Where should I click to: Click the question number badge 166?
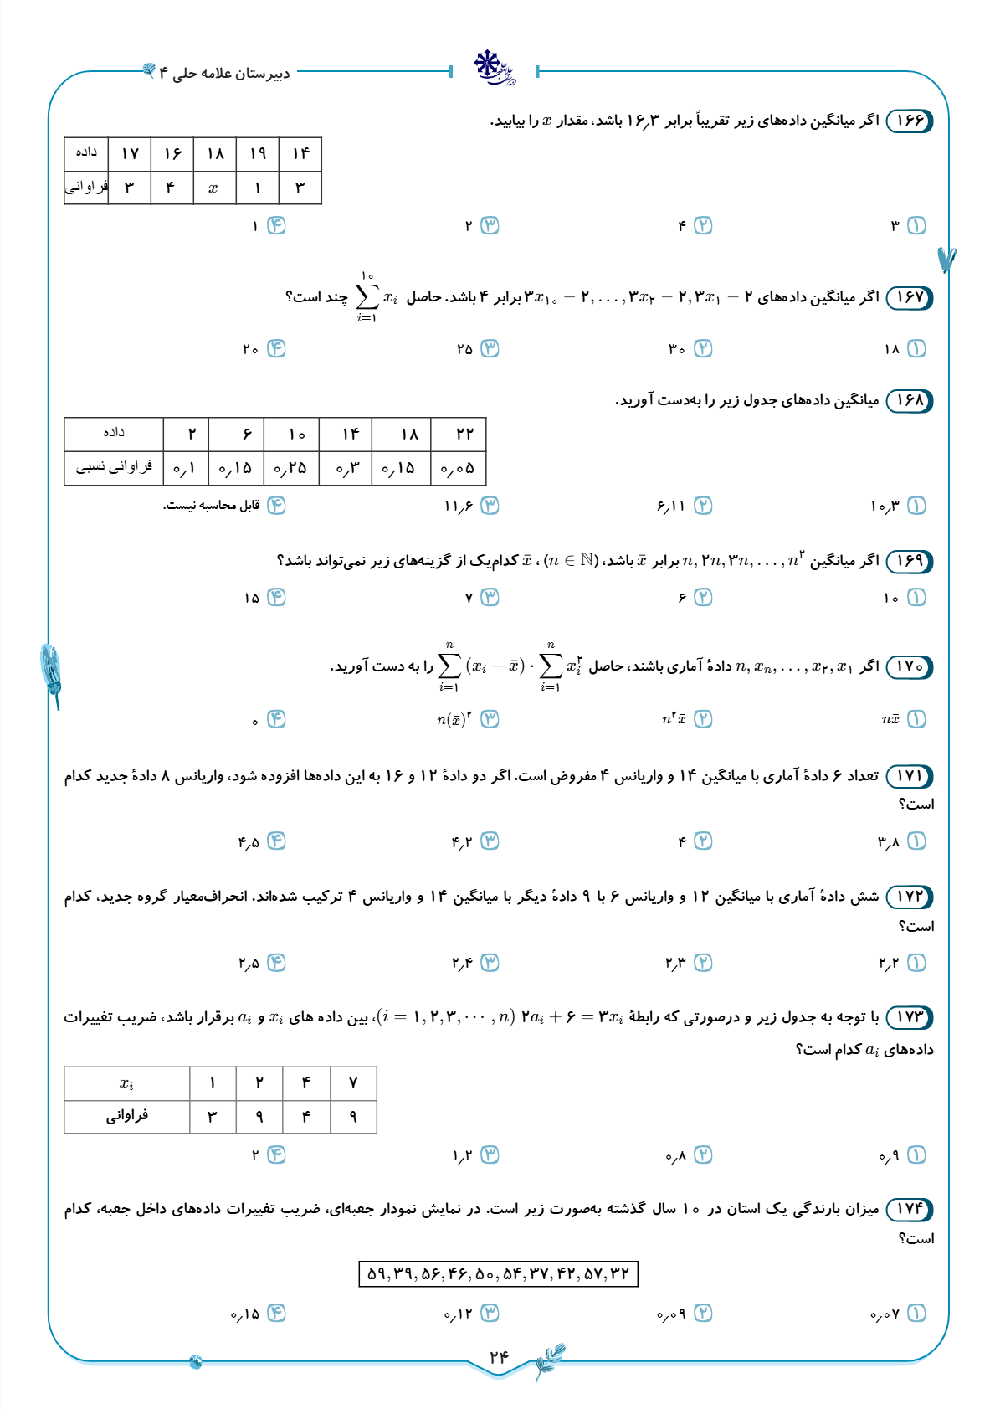coord(909,121)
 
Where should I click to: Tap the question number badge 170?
coord(909,667)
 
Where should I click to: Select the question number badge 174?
coord(909,1209)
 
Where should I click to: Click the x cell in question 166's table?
coord(213,188)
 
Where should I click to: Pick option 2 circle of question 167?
coord(704,349)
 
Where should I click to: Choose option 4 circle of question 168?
coord(276,506)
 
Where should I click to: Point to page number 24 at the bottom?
coord(499,1357)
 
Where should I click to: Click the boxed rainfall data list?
coord(498,1274)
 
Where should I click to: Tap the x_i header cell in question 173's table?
coord(126,1083)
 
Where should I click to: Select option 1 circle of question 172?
coord(917,963)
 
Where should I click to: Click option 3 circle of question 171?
coord(490,841)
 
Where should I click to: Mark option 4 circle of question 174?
coord(276,1314)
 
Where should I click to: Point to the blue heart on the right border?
coord(946,259)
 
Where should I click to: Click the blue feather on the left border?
coord(51,670)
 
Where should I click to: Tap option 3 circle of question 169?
coord(490,597)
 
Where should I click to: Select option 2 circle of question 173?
coord(704,1155)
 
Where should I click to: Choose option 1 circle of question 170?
coord(917,719)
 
